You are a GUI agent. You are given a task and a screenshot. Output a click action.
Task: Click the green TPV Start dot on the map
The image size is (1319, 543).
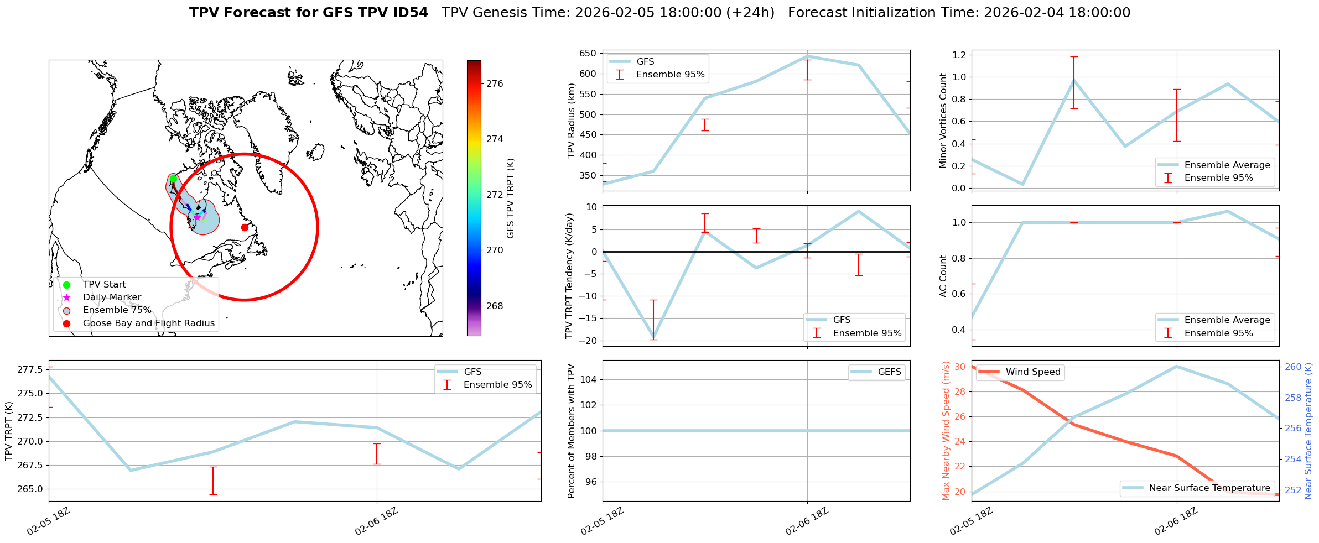coord(173,179)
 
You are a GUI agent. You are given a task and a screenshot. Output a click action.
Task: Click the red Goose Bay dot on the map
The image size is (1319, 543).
coord(245,227)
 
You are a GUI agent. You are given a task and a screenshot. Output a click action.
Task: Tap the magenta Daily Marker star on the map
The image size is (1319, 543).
coord(197,217)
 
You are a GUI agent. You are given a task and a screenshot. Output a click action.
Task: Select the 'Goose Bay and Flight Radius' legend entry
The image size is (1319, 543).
coord(148,323)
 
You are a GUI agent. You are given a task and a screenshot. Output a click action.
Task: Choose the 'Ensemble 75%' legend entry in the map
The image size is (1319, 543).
coord(117,310)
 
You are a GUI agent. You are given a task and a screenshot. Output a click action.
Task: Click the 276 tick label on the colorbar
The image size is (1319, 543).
coord(495,84)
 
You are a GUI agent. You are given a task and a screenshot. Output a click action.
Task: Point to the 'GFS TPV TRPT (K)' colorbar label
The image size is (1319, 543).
coord(510,199)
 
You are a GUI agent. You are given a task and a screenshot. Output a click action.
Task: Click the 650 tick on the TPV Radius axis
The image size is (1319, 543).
coord(588,54)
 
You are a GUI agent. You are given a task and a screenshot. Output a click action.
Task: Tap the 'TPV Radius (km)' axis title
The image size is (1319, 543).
coord(572,121)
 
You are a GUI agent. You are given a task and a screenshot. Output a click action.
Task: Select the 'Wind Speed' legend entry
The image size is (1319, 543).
coord(1032,372)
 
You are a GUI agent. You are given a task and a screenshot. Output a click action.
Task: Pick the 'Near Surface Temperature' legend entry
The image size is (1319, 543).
coord(1209,488)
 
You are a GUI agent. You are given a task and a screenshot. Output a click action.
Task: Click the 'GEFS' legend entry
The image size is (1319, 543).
coord(889,372)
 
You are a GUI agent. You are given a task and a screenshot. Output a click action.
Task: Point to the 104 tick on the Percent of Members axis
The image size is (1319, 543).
coord(588,380)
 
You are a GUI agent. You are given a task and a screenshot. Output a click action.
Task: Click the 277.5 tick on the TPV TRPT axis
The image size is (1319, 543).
coord(30,369)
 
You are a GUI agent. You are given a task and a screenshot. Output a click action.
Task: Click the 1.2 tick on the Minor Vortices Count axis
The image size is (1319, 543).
coord(958,55)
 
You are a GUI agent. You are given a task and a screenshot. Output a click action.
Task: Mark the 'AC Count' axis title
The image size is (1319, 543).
coord(943,276)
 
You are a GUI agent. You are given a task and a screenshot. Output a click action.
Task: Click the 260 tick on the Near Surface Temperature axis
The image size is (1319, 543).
coord(1293,367)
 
